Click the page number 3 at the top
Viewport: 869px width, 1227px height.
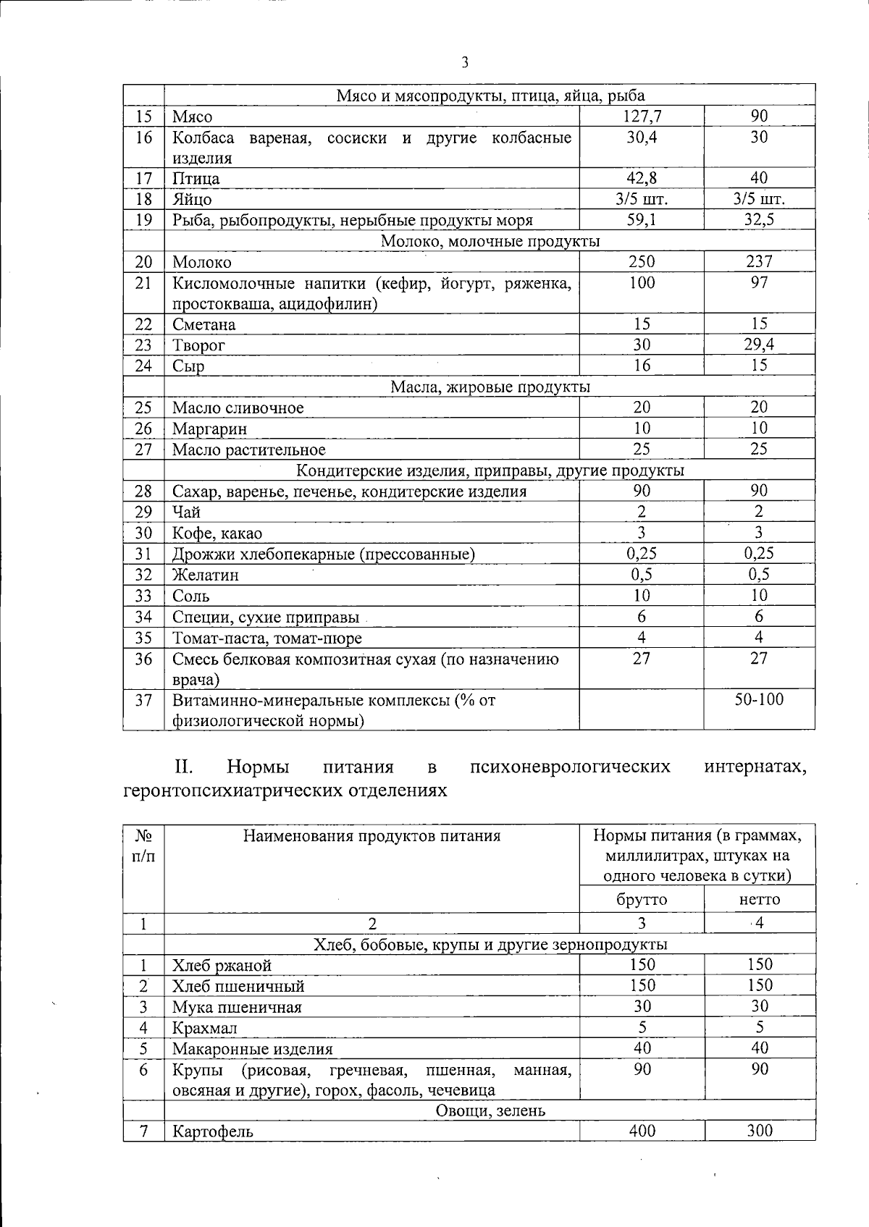click(x=465, y=63)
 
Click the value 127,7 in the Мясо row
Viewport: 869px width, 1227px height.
click(x=642, y=117)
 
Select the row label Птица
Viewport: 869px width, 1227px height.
click(x=196, y=179)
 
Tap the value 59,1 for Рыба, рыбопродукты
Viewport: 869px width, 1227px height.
click(x=642, y=220)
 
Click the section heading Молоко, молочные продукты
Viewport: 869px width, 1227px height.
click(x=490, y=241)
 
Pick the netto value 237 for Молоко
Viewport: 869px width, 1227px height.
click(x=759, y=262)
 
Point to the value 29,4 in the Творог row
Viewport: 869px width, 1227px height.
click(x=759, y=345)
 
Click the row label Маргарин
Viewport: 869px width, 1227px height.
click(x=209, y=429)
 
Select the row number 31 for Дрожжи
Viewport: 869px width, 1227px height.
click(x=144, y=554)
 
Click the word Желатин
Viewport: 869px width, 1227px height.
click(x=205, y=575)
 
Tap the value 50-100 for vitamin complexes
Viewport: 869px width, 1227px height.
click(x=759, y=700)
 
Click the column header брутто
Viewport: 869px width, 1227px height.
click(x=642, y=900)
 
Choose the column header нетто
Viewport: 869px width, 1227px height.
click(x=760, y=900)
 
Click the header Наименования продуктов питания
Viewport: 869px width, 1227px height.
click(x=371, y=837)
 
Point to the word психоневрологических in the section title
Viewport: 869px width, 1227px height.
click(x=569, y=767)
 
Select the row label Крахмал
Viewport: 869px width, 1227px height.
click(x=204, y=1029)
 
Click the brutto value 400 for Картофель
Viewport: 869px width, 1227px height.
click(x=642, y=1131)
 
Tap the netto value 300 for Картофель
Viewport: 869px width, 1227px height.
click(x=759, y=1131)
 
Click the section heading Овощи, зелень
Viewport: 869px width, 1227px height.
click(x=490, y=1110)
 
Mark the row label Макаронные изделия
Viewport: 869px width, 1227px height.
click(x=252, y=1050)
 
